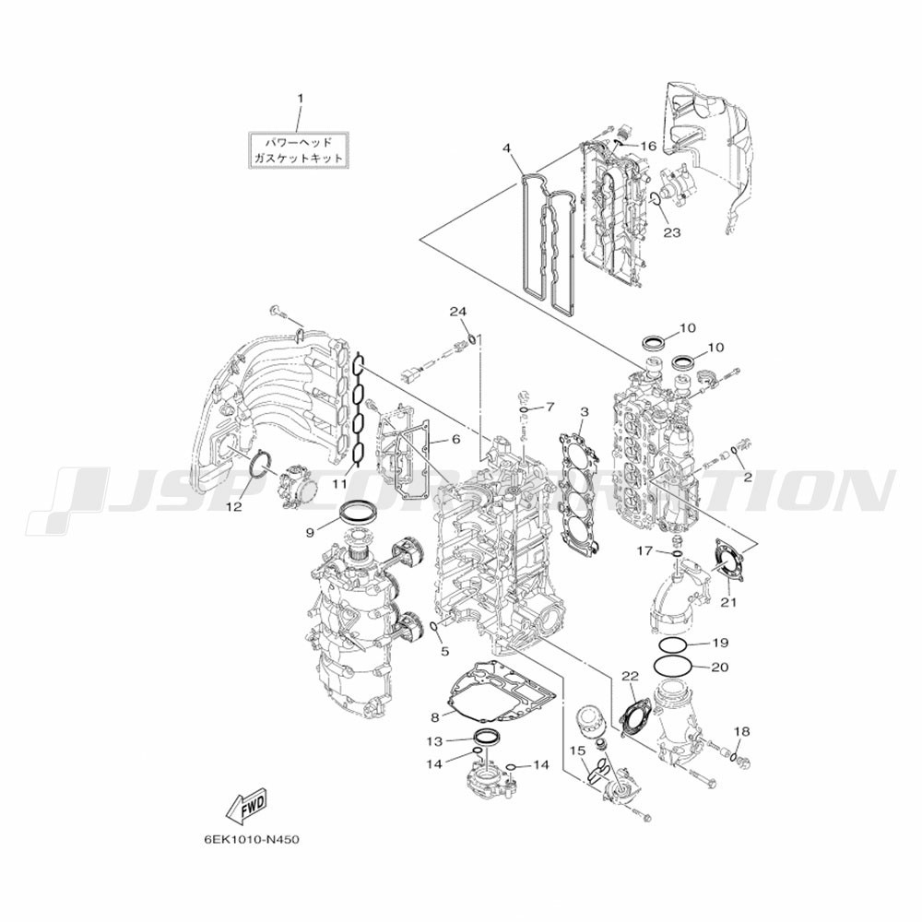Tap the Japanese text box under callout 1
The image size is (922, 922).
pyautogui.click(x=298, y=150)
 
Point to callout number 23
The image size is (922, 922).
pyautogui.click(x=671, y=233)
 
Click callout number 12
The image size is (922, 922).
pyautogui.click(x=233, y=507)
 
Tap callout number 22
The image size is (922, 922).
pyautogui.click(x=630, y=677)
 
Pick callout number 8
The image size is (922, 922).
pyautogui.click(x=435, y=717)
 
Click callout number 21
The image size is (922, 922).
pyautogui.click(x=728, y=602)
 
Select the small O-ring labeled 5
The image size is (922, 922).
pyautogui.click(x=435, y=628)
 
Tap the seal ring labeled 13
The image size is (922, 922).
pyautogui.click(x=487, y=736)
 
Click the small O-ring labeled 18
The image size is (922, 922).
pyautogui.click(x=735, y=755)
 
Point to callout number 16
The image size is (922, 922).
pyautogui.click(x=648, y=146)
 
